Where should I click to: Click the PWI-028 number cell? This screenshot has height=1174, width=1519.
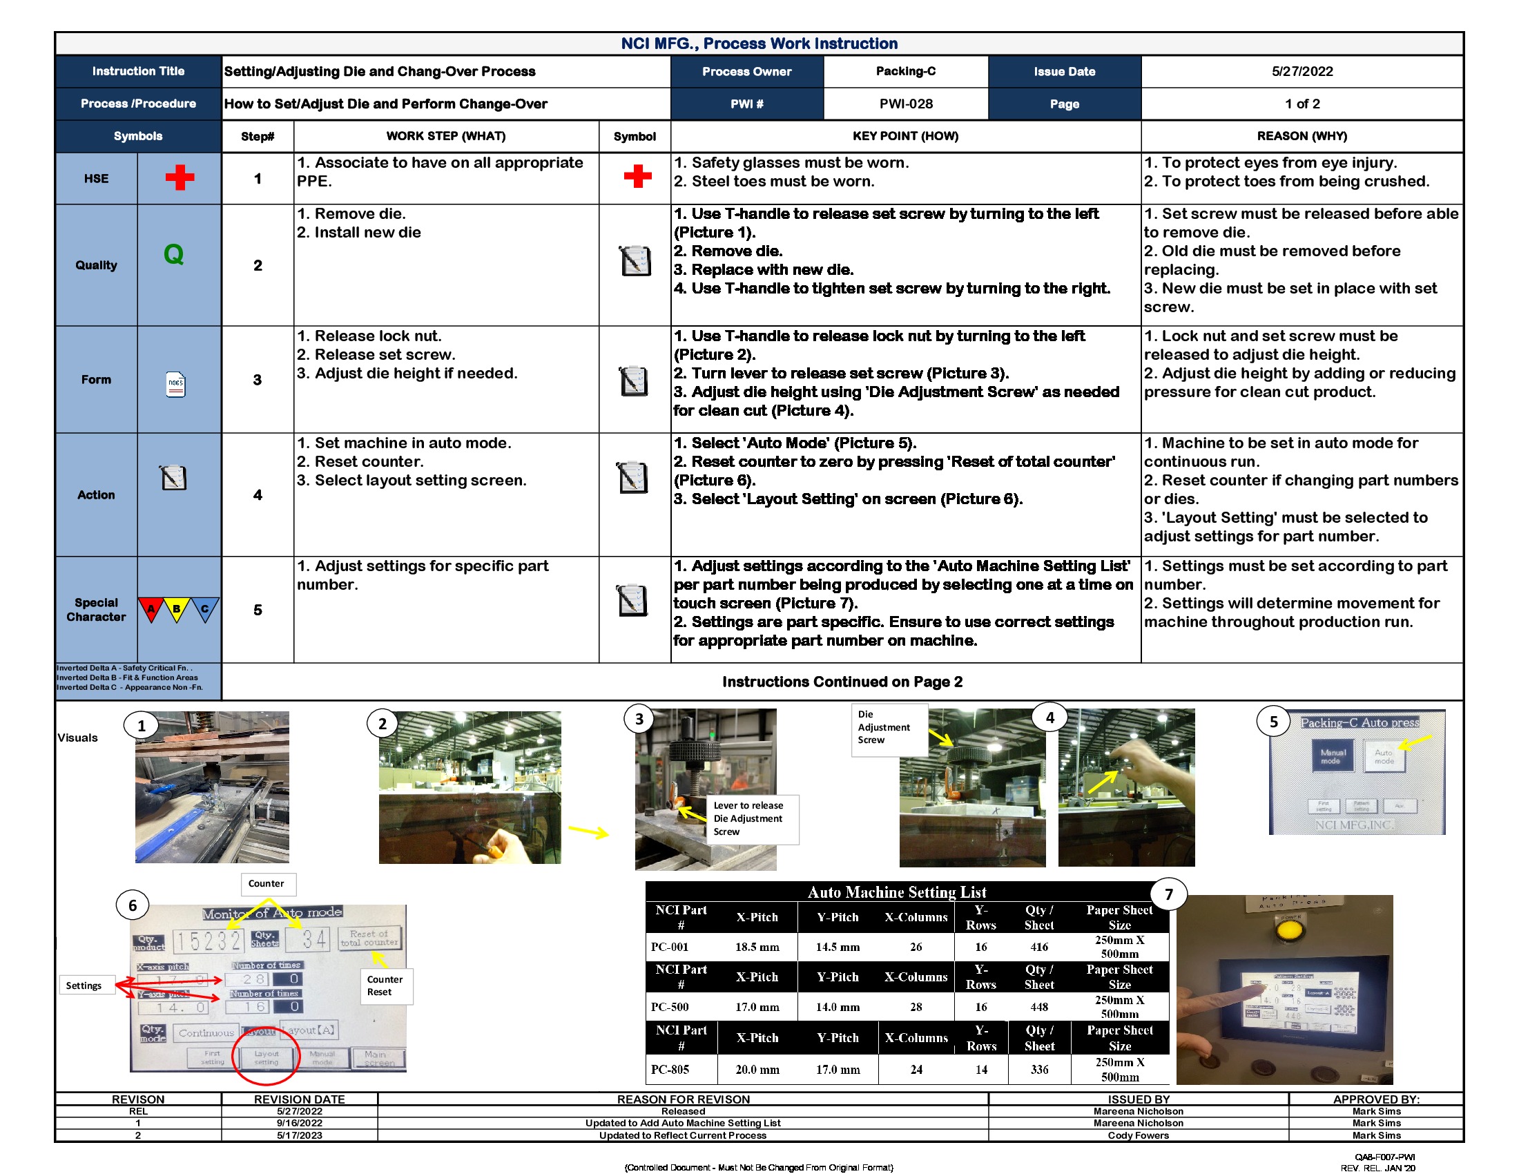(906, 104)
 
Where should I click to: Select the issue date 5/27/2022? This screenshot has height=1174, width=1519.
(1302, 71)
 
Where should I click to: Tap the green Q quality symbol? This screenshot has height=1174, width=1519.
(173, 255)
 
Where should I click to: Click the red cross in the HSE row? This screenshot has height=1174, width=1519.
(180, 178)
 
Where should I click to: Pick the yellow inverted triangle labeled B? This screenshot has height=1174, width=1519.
(177, 609)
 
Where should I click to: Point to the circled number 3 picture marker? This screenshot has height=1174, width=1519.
(639, 719)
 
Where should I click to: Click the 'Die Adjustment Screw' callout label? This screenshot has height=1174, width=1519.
(883, 727)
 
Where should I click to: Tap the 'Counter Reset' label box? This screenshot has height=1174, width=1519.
(385, 985)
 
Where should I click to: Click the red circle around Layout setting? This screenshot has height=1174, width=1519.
(266, 1056)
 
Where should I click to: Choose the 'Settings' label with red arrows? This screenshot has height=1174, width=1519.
(84, 985)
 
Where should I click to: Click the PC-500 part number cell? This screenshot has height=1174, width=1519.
(670, 1007)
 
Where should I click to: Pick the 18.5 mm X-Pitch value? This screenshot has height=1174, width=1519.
(757, 947)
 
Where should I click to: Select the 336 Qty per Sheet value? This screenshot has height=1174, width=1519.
(1039, 1070)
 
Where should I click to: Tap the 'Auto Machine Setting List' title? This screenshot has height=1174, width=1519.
(896, 892)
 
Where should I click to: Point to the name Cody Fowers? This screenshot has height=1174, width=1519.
(1138, 1136)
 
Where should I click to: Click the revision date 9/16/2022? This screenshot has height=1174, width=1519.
(299, 1123)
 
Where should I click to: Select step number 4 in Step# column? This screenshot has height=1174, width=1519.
(258, 494)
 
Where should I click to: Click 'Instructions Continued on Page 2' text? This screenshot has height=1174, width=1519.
(842, 682)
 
